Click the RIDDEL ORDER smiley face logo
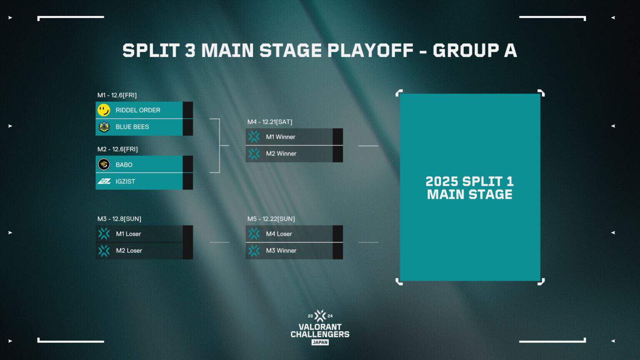pyautogui.click(x=104, y=110)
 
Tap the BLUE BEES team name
pyautogui.click(x=132, y=127)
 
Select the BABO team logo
pyautogui.click(x=104, y=165)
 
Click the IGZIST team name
pyautogui.click(x=125, y=181)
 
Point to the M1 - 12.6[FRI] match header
pyautogui.click(x=117, y=95)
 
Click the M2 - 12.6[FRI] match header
pyautogui.click(x=117, y=149)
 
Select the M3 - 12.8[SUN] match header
pyautogui.click(x=119, y=219)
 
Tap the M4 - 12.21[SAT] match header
pyautogui.click(x=270, y=122)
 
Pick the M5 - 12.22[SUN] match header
pyautogui.click(x=271, y=219)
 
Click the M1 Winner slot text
pyautogui.click(x=280, y=137)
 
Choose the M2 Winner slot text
pyautogui.click(x=281, y=153)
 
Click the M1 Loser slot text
pyautogui.click(x=128, y=234)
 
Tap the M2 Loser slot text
pyautogui.click(x=129, y=250)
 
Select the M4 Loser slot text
pyautogui.click(x=279, y=234)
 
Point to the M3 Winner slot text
pyautogui.click(x=281, y=250)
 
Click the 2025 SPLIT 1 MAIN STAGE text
pyautogui.click(x=470, y=188)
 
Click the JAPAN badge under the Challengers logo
pyautogui.click(x=320, y=342)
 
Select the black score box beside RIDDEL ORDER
pyautogui.click(x=187, y=110)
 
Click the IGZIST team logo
pyautogui.click(x=104, y=181)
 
